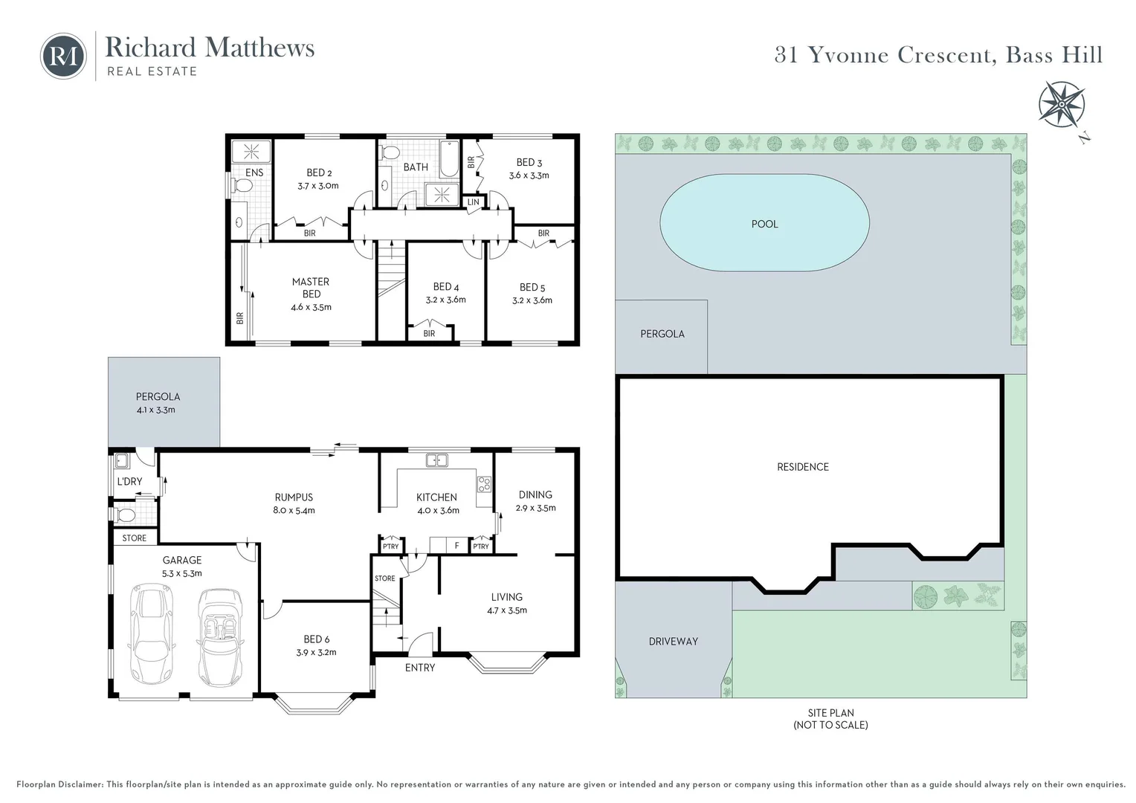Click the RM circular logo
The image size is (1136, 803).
tap(63, 57)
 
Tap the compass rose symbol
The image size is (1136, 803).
tap(1062, 105)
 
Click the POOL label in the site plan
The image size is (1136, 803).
tap(764, 224)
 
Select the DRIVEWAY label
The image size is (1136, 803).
tap(673, 641)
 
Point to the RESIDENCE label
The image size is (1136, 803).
tap(803, 467)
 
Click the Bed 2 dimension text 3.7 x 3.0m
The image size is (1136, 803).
tap(318, 186)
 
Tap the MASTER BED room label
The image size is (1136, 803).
tap(311, 288)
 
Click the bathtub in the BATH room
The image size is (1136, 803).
tap(449, 159)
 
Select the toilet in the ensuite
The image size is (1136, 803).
tap(241, 187)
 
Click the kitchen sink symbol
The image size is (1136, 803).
tap(436, 460)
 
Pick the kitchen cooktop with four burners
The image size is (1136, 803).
tap(484, 484)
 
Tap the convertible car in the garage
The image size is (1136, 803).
tap(220, 637)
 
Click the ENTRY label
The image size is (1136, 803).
tap(420, 668)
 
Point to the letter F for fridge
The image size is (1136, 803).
tap(457, 546)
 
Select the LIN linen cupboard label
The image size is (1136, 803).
tap(473, 202)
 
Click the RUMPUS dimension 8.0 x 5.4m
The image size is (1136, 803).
tap(294, 510)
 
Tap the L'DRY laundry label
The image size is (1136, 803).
tap(129, 481)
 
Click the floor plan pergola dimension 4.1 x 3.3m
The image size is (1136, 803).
tap(155, 410)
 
